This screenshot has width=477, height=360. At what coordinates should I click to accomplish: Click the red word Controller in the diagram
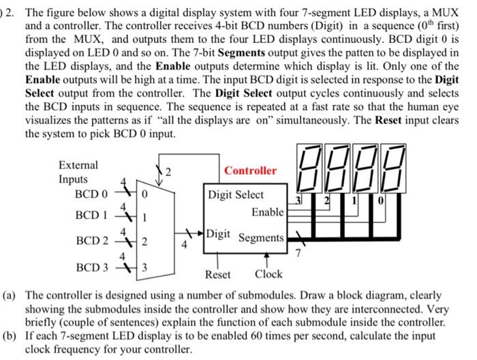click(x=251, y=170)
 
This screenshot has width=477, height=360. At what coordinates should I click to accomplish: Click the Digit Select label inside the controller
click(x=236, y=194)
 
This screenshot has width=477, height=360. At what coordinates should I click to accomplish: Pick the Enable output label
click(x=267, y=212)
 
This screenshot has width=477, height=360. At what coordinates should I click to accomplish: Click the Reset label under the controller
click(x=217, y=275)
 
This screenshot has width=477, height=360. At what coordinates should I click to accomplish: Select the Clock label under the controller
click(x=268, y=275)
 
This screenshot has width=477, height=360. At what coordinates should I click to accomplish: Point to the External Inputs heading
click(x=78, y=172)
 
